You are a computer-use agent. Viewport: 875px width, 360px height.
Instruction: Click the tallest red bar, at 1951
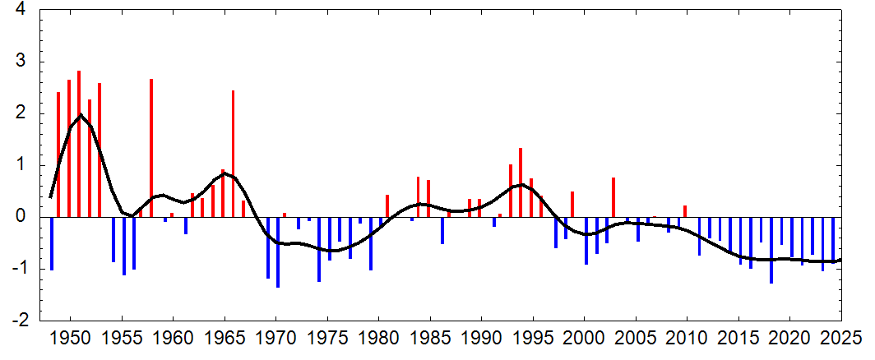79,144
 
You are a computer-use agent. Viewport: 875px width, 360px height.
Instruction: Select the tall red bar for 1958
151,148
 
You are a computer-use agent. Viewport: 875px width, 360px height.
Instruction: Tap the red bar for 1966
234,154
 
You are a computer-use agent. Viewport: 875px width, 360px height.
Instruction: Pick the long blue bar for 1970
278,252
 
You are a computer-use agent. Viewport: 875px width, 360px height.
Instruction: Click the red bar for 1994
521,182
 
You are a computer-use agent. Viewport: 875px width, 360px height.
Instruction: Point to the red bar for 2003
613,197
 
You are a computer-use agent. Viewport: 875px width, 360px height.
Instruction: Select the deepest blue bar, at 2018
771,250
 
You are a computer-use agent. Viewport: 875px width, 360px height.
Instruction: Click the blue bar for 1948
52,243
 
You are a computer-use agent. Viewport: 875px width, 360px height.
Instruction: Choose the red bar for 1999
572,205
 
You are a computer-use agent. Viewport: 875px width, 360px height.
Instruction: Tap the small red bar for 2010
685,211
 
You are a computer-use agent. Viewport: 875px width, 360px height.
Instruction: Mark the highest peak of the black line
81,114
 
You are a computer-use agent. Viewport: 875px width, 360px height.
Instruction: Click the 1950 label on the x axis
71,339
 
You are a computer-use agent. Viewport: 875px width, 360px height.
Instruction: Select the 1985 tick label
429,339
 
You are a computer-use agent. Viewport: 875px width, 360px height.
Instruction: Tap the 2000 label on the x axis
584,339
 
